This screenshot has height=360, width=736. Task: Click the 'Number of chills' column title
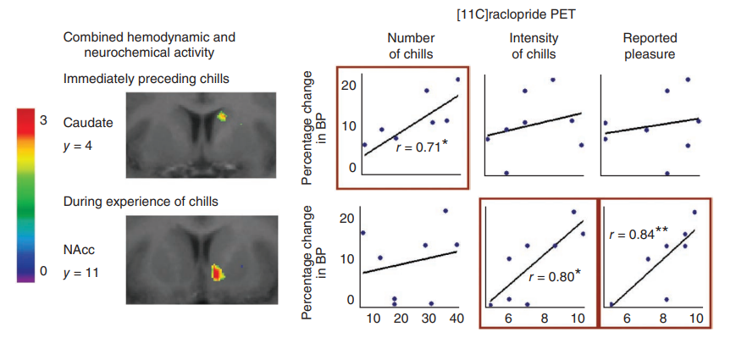tap(411, 46)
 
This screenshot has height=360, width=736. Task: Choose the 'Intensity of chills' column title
tap(533, 46)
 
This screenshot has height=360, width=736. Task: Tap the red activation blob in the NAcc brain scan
tap(217, 273)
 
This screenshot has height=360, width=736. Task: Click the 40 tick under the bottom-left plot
tap(457, 318)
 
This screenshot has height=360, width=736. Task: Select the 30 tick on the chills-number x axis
tap(429, 318)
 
